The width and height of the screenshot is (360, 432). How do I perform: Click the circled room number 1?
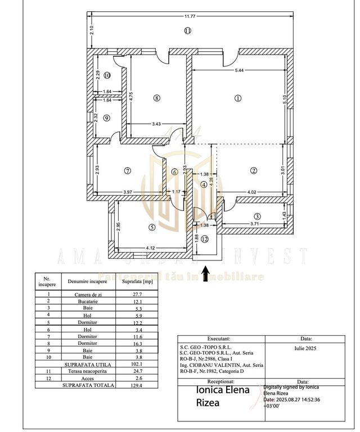237,98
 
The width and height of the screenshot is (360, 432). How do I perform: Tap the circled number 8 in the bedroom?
157,98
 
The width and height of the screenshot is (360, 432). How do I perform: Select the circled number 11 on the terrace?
187,30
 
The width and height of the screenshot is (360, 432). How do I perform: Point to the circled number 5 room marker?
151,227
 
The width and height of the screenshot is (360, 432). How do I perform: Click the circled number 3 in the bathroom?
256,216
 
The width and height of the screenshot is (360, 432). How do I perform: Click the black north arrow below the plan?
206,272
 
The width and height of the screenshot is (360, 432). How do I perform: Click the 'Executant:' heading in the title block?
219,339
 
